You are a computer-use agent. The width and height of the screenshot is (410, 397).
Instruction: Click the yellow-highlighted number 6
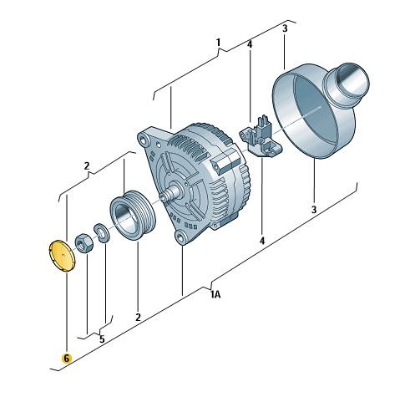[x=66, y=359]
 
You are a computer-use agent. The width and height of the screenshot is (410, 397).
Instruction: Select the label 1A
[x=215, y=294]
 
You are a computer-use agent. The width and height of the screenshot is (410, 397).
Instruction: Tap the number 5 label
[x=102, y=339]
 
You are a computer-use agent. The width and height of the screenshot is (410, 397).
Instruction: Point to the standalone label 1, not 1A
[x=218, y=43]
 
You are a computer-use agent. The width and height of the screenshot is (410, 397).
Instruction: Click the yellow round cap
[x=62, y=255]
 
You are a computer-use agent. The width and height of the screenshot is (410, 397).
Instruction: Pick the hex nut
[x=84, y=243]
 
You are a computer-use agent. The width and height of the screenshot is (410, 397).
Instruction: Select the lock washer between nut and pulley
[x=102, y=233]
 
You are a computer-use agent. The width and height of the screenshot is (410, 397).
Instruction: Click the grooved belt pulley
[x=134, y=215]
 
